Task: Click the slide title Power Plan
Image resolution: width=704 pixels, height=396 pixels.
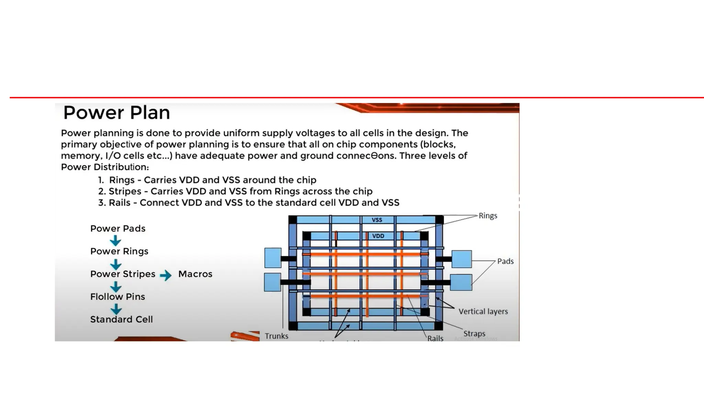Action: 117,113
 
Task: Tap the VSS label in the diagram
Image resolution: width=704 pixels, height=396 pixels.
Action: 377,220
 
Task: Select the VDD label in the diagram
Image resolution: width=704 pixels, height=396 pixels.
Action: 378,236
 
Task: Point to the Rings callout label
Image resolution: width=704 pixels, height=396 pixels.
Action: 488,216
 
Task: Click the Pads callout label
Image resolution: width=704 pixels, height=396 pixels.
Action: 505,261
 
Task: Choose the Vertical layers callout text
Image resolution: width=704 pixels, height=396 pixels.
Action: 483,311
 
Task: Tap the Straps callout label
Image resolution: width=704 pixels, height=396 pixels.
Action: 474,333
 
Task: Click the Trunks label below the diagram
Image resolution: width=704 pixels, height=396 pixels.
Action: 276,336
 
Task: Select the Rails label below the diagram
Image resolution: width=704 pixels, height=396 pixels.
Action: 435,338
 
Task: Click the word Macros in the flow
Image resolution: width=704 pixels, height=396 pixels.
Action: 195,274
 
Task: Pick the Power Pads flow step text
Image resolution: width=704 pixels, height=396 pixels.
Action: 118,229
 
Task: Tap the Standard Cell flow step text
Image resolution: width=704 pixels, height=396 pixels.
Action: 121,319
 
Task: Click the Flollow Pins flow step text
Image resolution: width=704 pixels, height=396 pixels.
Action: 118,297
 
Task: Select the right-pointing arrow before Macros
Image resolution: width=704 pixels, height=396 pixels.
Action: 166,275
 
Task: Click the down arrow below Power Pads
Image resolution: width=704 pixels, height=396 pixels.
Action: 115,240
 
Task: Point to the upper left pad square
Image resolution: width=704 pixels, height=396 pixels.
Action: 273,258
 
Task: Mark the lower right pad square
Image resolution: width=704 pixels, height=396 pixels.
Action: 461,283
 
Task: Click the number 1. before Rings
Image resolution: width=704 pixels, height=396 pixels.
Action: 101,180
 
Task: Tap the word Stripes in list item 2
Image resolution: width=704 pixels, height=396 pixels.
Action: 125,191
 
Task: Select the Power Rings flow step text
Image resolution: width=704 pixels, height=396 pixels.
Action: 119,251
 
